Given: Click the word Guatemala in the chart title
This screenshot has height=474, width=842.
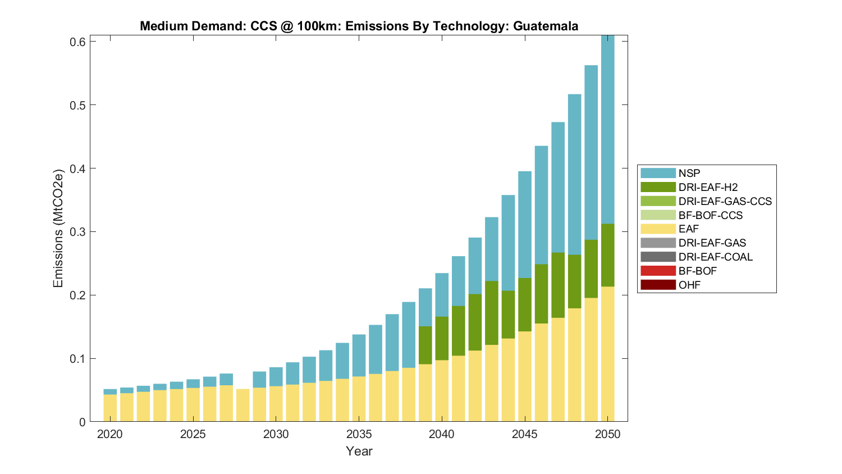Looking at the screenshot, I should [546, 26].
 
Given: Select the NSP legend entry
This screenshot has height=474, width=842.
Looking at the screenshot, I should [689, 174].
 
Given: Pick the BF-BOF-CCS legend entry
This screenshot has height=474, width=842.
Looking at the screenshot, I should [710, 215].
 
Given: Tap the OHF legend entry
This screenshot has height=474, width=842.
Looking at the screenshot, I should [689, 285].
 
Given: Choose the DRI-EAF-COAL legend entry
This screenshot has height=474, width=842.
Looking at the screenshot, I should [715, 257].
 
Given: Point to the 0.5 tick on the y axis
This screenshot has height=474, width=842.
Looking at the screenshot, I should [77, 105].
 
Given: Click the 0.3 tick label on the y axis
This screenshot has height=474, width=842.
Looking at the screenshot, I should [77, 232].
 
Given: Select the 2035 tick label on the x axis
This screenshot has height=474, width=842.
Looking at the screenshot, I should [359, 434].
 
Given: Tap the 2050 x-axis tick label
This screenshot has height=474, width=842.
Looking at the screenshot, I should [608, 434].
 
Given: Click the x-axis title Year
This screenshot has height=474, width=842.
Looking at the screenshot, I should [359, 451].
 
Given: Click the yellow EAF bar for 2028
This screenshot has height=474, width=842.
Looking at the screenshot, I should [242, 405].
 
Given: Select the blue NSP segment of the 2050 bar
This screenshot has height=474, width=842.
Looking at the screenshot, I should [608, 129].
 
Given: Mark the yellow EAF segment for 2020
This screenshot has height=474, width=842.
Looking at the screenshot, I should [110, 408].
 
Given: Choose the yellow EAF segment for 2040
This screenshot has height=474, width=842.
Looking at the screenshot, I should [442, 391].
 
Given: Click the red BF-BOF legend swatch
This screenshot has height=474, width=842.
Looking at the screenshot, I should [658, 271].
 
